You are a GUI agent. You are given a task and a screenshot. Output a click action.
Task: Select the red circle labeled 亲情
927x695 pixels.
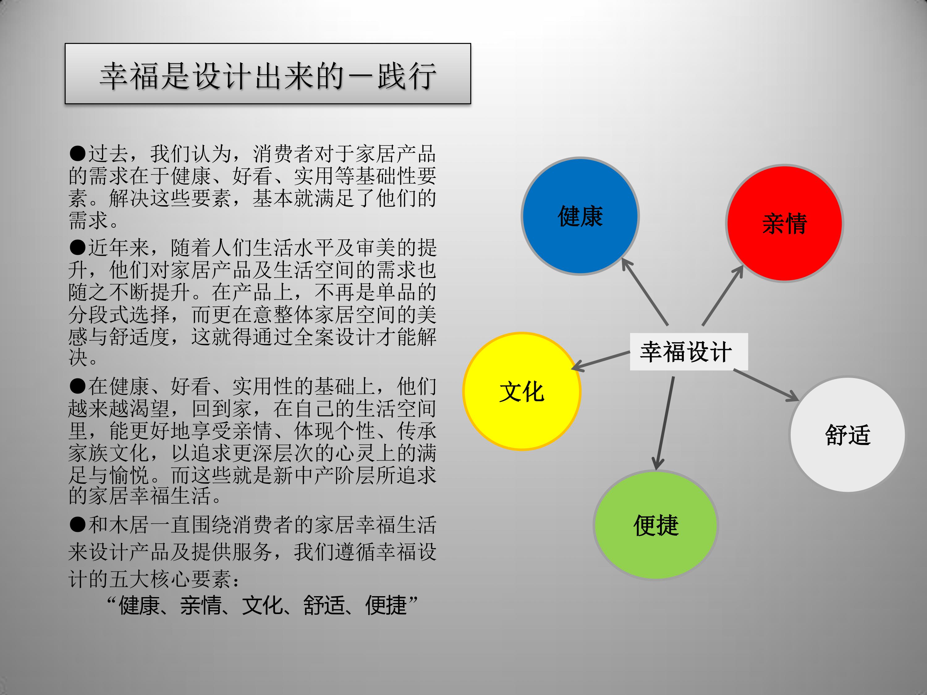point(785,223)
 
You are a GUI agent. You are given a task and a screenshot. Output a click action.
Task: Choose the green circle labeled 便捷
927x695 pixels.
point(656,525)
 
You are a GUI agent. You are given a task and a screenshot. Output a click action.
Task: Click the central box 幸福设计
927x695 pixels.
point(688,352)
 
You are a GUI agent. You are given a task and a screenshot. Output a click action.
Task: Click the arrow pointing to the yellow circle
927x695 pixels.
point(600,361)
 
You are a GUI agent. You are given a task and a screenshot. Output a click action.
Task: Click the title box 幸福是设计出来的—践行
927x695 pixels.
point(268,74)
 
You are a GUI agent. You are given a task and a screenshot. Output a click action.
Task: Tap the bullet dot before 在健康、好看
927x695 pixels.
point(78,386)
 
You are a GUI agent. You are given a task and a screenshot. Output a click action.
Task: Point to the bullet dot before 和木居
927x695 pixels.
point(78,524)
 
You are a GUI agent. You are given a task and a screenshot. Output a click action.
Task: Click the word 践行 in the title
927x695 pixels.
point(407,76)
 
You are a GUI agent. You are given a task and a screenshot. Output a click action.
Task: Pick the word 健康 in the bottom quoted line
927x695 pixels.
point(139,605)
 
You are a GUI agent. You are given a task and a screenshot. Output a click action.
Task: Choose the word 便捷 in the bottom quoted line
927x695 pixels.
point(386,605)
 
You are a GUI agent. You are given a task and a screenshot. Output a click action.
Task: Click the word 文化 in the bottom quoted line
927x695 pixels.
point(262,605)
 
